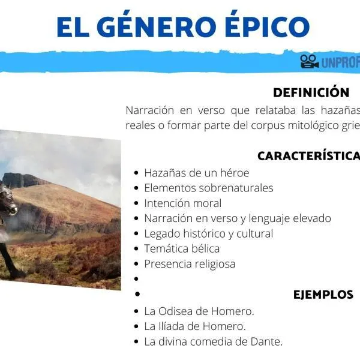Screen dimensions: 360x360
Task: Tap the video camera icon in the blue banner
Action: click(310, 61)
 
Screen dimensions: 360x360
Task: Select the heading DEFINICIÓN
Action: click(311, 93)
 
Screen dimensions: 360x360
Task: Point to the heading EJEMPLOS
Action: click(323, 295)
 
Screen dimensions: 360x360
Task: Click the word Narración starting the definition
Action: click(150, 110)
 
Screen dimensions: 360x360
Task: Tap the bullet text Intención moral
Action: click(182, 203)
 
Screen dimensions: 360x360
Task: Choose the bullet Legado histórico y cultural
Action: click(208, 233)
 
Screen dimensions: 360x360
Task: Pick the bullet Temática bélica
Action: click(182, 248)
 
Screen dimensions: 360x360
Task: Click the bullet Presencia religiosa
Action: click(190, 263)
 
